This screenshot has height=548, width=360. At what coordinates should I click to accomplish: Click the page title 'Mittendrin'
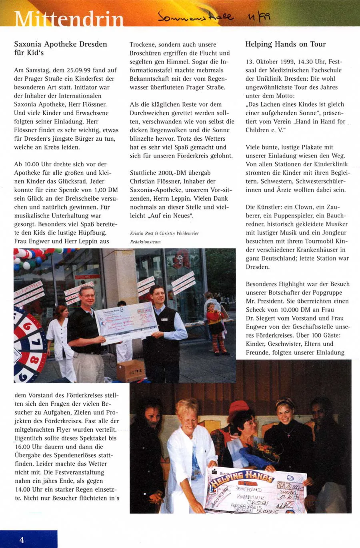tap(69, 19)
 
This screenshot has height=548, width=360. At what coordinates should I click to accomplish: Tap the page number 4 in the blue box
tap(22, 540)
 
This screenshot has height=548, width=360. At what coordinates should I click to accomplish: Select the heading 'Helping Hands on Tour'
tap(286, 44)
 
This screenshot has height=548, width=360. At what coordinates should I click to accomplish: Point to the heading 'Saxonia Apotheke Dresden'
tap(60, 44)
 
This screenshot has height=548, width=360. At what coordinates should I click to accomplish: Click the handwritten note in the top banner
tap(214, 16)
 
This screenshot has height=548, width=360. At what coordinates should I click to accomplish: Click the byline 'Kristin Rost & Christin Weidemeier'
tap(164, 233)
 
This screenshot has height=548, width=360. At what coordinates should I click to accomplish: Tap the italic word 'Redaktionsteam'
tap(145, 242)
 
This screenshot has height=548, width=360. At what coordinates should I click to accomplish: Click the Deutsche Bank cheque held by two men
tap(126, 322)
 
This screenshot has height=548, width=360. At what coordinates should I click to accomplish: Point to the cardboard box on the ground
tap(131, 371)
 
